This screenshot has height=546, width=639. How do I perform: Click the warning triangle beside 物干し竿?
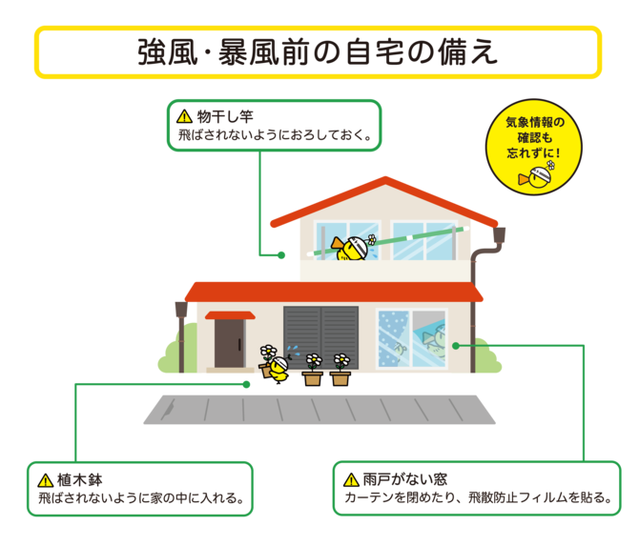coord(184,116)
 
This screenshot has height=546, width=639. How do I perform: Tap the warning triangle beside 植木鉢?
coord(45,480)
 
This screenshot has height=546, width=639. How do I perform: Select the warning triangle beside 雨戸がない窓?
coord(351,479)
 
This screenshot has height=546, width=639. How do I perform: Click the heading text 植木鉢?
coord(80,480)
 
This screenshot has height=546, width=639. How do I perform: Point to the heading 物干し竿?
coord(225,116)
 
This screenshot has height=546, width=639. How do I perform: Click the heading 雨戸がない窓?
coord(405,479)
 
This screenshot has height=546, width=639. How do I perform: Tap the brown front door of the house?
coord(229,344)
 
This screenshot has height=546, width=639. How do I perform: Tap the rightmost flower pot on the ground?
coord(340,370)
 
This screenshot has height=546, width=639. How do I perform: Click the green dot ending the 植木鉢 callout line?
coord(246,384)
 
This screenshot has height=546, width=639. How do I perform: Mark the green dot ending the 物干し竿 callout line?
coord(281,255)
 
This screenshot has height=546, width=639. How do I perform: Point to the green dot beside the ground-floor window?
coord(456,346)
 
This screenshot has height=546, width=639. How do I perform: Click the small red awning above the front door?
coord(230,315)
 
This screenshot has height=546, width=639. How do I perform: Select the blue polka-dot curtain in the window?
coord(393,339)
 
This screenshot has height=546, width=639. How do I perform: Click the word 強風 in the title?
coord(167,52)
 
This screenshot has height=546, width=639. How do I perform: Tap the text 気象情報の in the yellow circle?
coord(535,122)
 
